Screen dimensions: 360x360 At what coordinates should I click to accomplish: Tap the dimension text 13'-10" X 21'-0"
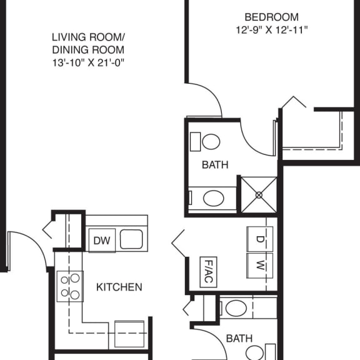point(87,62)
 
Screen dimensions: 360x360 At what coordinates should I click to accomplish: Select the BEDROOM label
point(271,17)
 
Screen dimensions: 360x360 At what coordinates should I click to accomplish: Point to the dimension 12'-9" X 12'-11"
point(271,29)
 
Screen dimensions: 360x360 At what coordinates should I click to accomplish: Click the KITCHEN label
point(119,287)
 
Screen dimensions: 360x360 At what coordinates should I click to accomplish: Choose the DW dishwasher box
point(101,240)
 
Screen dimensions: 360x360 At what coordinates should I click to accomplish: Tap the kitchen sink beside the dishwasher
point(131,239)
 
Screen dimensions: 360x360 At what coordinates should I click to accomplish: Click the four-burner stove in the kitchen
point(70,286)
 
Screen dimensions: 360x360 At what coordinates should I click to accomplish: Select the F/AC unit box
point(207,272)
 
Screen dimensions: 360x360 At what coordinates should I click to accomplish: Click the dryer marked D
point(261,238)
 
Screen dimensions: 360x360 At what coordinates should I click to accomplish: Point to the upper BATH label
point(215,165)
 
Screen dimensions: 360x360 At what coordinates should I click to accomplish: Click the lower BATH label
point(239,339)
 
